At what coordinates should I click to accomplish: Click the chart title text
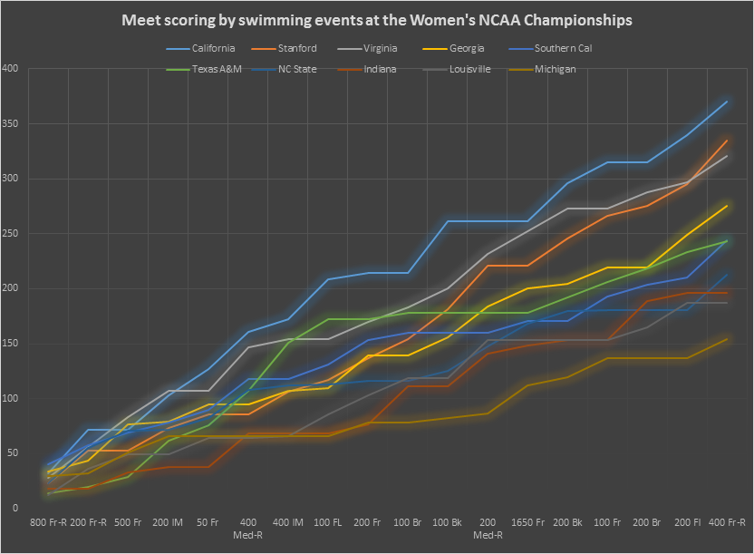(377, 19)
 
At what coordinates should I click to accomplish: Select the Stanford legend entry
(295, 48)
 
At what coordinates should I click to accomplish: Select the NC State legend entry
(296, 69)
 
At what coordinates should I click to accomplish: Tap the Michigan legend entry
(555, 69)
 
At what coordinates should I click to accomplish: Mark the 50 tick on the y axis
(14, 453)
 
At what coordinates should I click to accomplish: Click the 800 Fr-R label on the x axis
(51, 523)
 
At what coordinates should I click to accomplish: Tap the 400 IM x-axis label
(288, 523)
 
